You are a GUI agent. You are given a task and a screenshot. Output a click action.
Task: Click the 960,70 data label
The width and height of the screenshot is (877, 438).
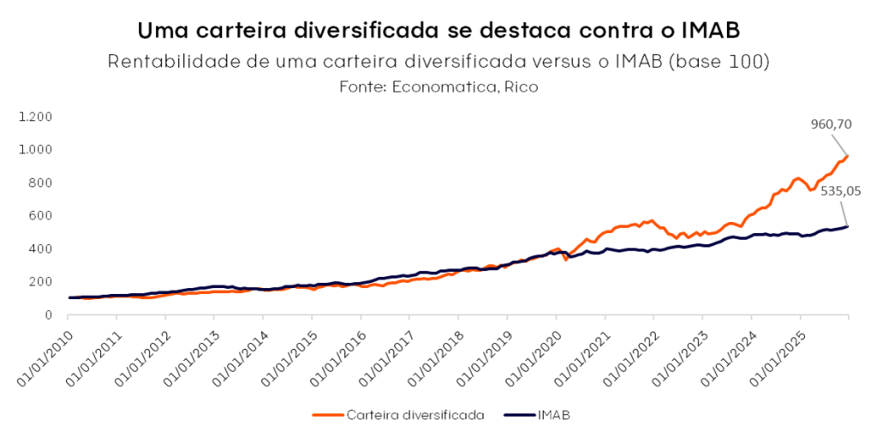pyautogui.click(x=831, y=125)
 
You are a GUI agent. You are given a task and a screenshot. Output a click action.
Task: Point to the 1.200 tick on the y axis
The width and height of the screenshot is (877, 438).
pyautogui.click(x=37, y=117)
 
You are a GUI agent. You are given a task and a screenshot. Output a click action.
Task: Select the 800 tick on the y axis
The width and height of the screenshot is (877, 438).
pyautogui.click(x=43, y=183)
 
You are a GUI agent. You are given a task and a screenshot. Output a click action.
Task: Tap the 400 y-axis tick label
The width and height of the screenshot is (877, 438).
pyautogui.click(x=43, y=249)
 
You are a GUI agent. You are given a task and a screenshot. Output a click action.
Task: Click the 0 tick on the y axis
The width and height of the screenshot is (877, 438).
pyautogui.click(x=49, y=315)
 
